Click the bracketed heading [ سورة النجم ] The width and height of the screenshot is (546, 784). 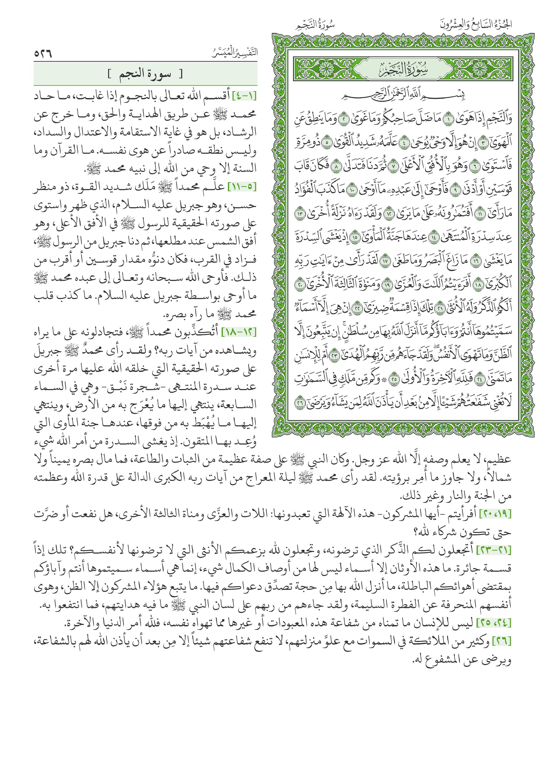point(145,74)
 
